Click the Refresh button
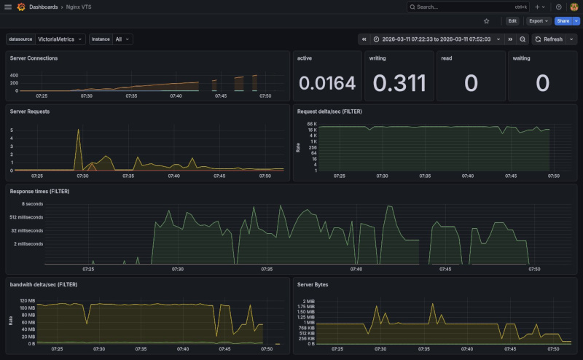[x=549, y=39]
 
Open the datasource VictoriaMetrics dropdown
[x=60, y=39]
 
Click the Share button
[x=563, y=21]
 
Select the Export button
[x=539, y=21]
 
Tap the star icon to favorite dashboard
[x=487, y=21]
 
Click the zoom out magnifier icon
[x=523, y=39]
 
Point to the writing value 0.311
[x=399, y=83]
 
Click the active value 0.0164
[x=327, y=83]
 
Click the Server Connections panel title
[x=34, y=58]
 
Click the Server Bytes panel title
[x=313, y=284]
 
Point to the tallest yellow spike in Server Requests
[x=78, y=131]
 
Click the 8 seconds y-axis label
[x=33, y=204]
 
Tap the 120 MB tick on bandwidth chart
[x=27, y=301]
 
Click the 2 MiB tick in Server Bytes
[x=308, y=301]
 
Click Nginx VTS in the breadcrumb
[x=78, y=7]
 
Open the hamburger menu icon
[x=8, y=7]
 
